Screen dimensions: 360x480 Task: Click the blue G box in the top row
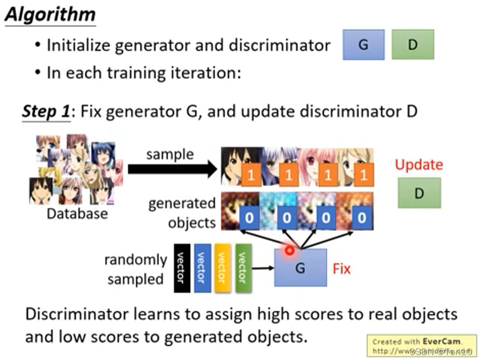[363, 45]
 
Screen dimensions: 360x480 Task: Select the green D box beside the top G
[413, 45]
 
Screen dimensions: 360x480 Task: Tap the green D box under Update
[419, 193]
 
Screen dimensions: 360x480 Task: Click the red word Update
[419, 165]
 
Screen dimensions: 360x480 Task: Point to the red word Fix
[342, 269]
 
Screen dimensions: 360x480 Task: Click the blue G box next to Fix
[300, 268]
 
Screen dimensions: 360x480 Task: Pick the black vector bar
[181, 268]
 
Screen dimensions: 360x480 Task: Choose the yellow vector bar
[222, 268]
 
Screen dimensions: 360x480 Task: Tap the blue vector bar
[202, 268]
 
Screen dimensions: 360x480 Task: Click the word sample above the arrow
[170, 154]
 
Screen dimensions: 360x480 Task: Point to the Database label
[76, 214]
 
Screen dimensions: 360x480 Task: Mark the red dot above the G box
[290, 250]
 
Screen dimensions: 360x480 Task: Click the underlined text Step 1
[45, 111]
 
